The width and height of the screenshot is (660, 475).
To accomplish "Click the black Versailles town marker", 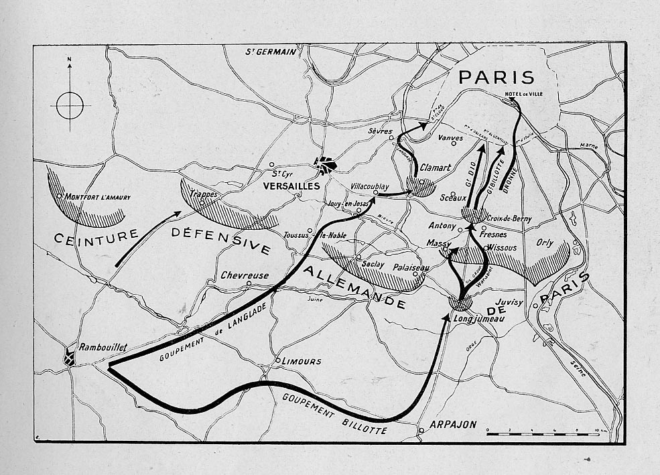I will click(x=326, y=165).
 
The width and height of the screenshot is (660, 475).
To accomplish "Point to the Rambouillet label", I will click(x=103, y=347).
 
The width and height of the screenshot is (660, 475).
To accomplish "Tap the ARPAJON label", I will click(x=452, y=424).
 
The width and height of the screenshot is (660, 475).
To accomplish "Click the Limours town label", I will click(x=302, y=361).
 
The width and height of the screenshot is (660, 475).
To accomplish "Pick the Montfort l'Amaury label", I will click(x=98, y=197).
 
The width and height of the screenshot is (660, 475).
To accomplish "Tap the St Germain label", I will click(x=270, y=52).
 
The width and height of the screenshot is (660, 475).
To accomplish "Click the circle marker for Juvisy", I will click(x=536, y=306).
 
